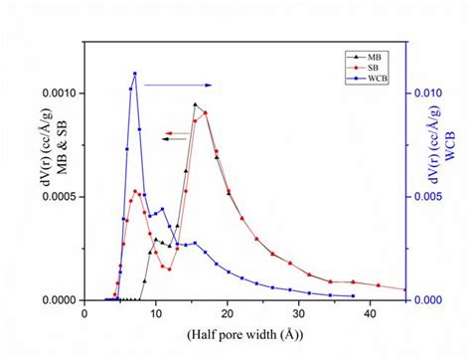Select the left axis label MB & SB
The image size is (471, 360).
(x=29, y=179)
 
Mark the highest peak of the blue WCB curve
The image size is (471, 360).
(x=135, y=74)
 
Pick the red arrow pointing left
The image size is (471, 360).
(x=179, y=132)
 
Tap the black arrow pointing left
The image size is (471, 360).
(x=179, y=139)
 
